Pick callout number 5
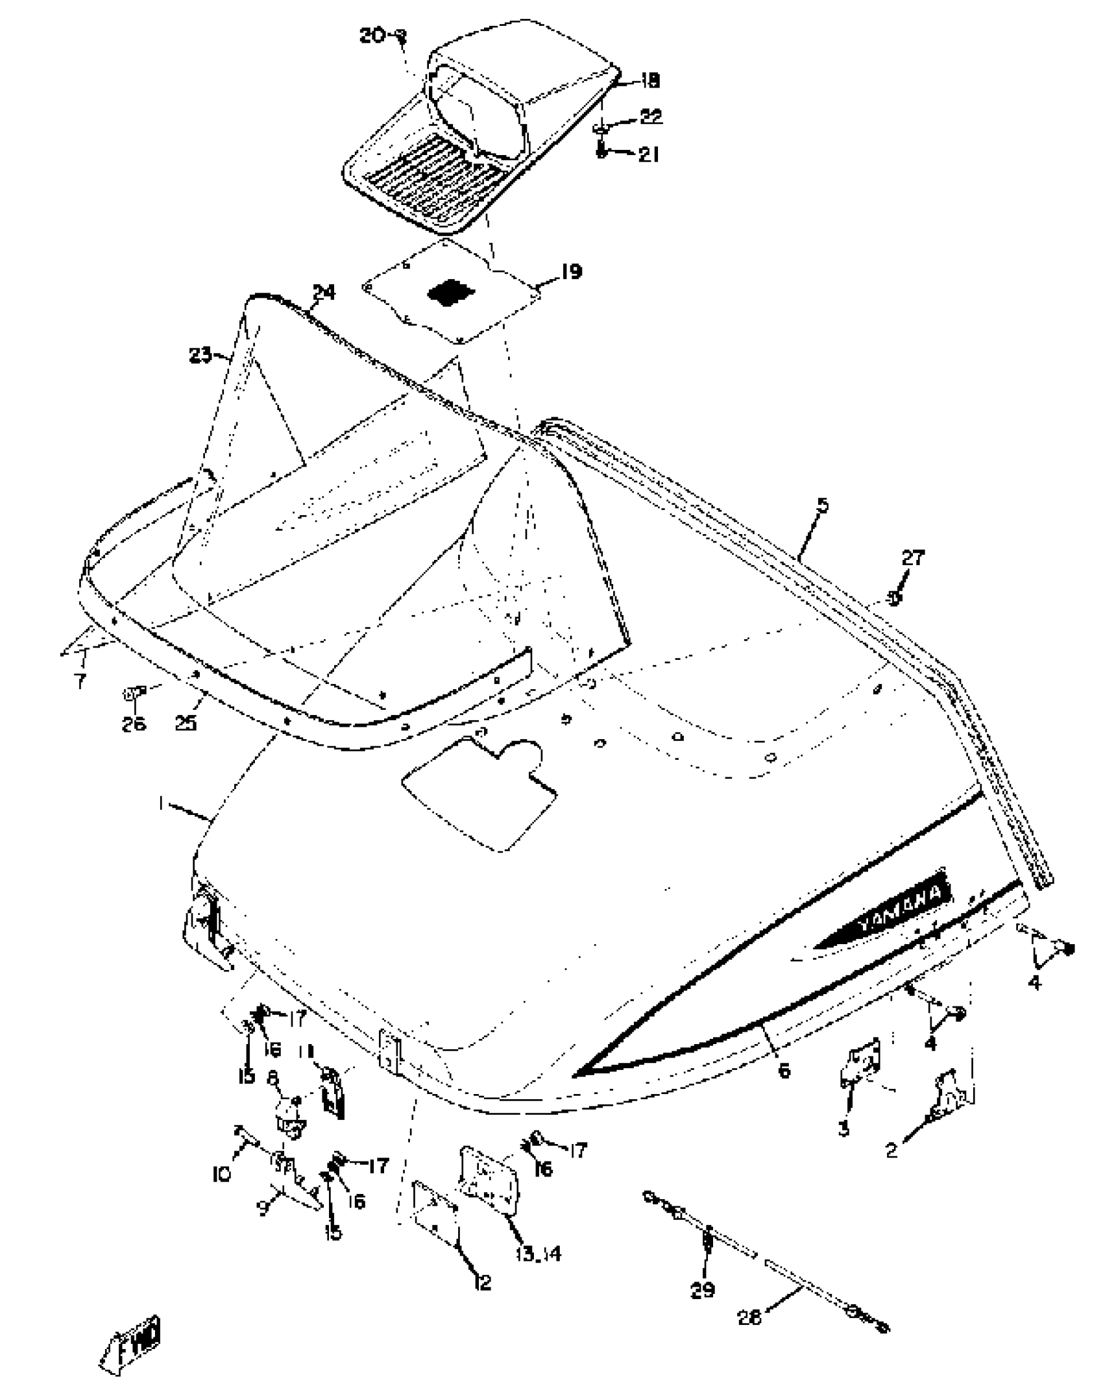[x=823, y=505]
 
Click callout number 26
[x=134, y=724]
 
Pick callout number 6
[x=784, y=1070]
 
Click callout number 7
[x=79, y=681]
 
